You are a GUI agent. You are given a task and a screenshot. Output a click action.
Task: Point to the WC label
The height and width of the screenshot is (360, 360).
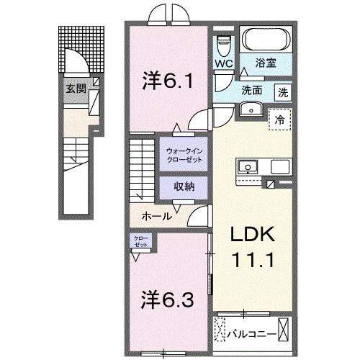click(x=223, y=63)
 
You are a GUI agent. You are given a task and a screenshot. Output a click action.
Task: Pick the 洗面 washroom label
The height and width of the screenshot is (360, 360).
click(x=252, y=92)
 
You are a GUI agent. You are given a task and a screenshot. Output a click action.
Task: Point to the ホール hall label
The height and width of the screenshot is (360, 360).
click(x=156, y=216)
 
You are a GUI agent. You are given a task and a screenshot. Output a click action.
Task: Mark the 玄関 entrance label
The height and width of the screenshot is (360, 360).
click(x=76, y=89)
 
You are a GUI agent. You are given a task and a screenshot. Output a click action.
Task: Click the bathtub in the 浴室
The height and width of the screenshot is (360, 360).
click(x=265, y=39)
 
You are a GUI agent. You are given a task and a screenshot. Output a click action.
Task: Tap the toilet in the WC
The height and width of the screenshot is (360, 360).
click(x=223, y=43)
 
